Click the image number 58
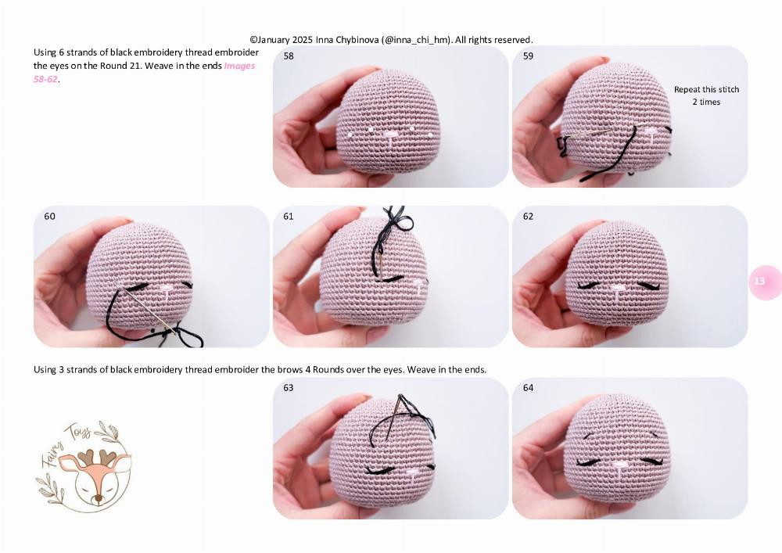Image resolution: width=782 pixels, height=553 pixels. pyautogui.click(x=289, y=56)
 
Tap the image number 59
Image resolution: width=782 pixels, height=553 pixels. pyautogui.click(x=529, y=56)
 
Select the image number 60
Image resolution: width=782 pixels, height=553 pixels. pyautogui.click(x=50, y=217)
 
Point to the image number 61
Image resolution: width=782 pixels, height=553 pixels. pyautogui.click(x=289, y=217)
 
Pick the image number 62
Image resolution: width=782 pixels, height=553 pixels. pyautogui.click(x=529, y=217)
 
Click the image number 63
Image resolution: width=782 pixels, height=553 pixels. pyautogui.click(x=289, y=388)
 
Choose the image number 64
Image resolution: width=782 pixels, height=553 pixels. pyautogui.click(x=529, y=388)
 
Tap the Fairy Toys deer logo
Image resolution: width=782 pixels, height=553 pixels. pyautogui.click(x=84, y=466)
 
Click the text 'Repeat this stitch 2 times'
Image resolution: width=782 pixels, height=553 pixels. pyautogui.click(x=706, y=95)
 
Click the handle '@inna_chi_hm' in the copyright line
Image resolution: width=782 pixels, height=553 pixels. pyautogui.click(x=415, y=39)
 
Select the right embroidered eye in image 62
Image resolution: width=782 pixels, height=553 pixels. pyautogui.click(x=648, y=285)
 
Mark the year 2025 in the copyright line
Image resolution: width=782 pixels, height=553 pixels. pyautogui.click(x=303, y=39)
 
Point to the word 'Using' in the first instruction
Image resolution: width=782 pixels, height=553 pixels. pyautogui.click(x=45, y=52)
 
